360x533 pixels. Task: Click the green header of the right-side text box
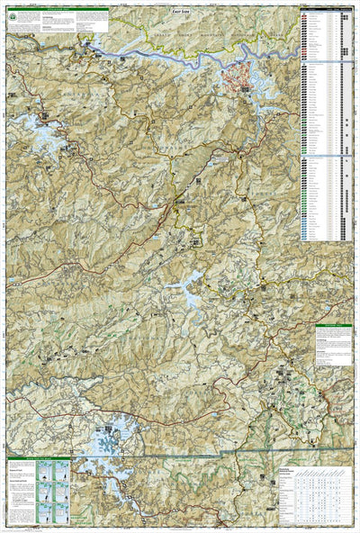coord(334,327)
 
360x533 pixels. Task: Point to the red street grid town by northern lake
coord(240,79)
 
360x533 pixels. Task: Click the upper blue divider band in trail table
coord(327,62)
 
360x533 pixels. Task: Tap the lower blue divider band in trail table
coord(327,156)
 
